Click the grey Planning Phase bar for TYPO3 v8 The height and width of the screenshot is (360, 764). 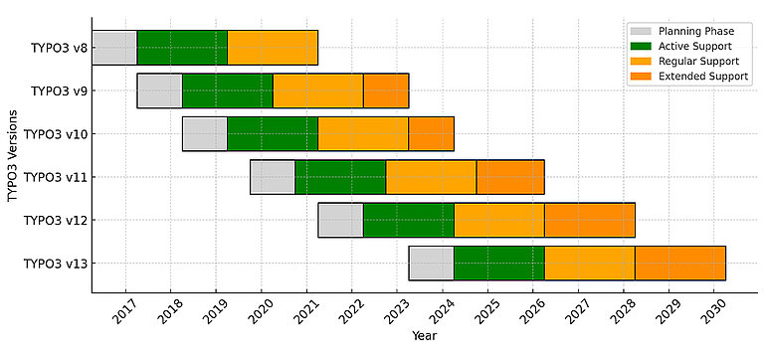pyautogui.click(x=113, y=48)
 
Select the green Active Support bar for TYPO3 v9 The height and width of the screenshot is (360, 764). pyautogui.click(x=227, y=90)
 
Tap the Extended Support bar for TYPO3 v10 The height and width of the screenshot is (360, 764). pyautogui.click(x=431, y=133)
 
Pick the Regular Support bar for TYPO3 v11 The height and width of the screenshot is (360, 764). pyautogui.click(x=431, y=177)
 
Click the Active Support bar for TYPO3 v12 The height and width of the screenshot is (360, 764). pyautogui.click(x=408, y=220)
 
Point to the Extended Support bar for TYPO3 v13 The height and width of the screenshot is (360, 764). pyautogui.click(x=679, y=264)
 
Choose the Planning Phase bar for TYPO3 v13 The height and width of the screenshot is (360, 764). pyautogui.click(x=431, y=264)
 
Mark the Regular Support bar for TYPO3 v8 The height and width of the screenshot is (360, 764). pyautogui.click(x=272, y=48)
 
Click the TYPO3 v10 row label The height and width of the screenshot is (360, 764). pyautogui.click(x=54, y=133)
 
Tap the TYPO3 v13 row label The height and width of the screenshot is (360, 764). pyautogui.click(x=54, y=264)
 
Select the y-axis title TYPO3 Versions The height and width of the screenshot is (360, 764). pyautogui.click(x=13, y=155)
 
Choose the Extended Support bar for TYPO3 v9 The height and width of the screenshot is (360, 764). pyautogui.click(x=385, y=90)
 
